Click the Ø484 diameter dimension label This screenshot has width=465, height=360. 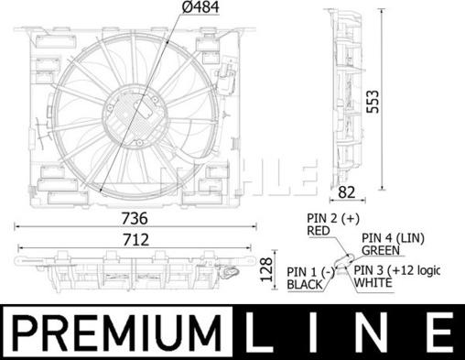[x=200, y=7]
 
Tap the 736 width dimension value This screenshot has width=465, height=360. [x=135, y=218]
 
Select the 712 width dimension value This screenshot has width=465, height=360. [x=136, y=240]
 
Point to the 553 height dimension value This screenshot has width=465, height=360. [x=373, y=102]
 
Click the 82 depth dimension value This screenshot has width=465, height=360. [x=347, y=192]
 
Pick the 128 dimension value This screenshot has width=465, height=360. [x=265, y=269]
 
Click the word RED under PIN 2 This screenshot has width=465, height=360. [x=319, y=231]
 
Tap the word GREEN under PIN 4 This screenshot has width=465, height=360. [x=381, y=250]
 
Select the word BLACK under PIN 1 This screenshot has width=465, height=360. [x=305, y=285]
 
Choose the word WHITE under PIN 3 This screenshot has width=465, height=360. [x=373, y=283]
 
